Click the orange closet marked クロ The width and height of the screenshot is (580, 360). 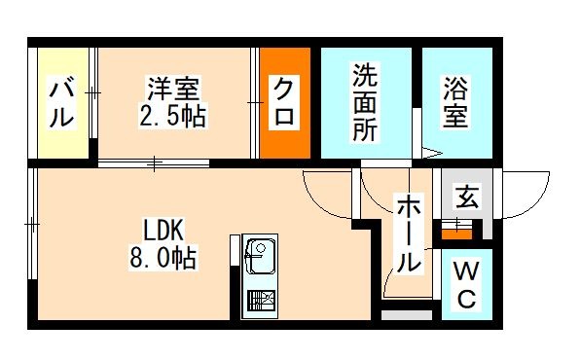pyautogui.click(x=284, y=102)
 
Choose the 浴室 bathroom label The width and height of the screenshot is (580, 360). pyautogui.click(x=455, y=102)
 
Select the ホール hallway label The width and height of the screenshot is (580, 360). pyautogui.click(x=408, y=234)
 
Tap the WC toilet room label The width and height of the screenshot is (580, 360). pyautogui.click(x=466, y=284)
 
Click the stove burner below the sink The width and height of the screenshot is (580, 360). pyautogui.click(x=260, y=302)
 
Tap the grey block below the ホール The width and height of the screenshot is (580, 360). pyautogui.click(x=402, y=314)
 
